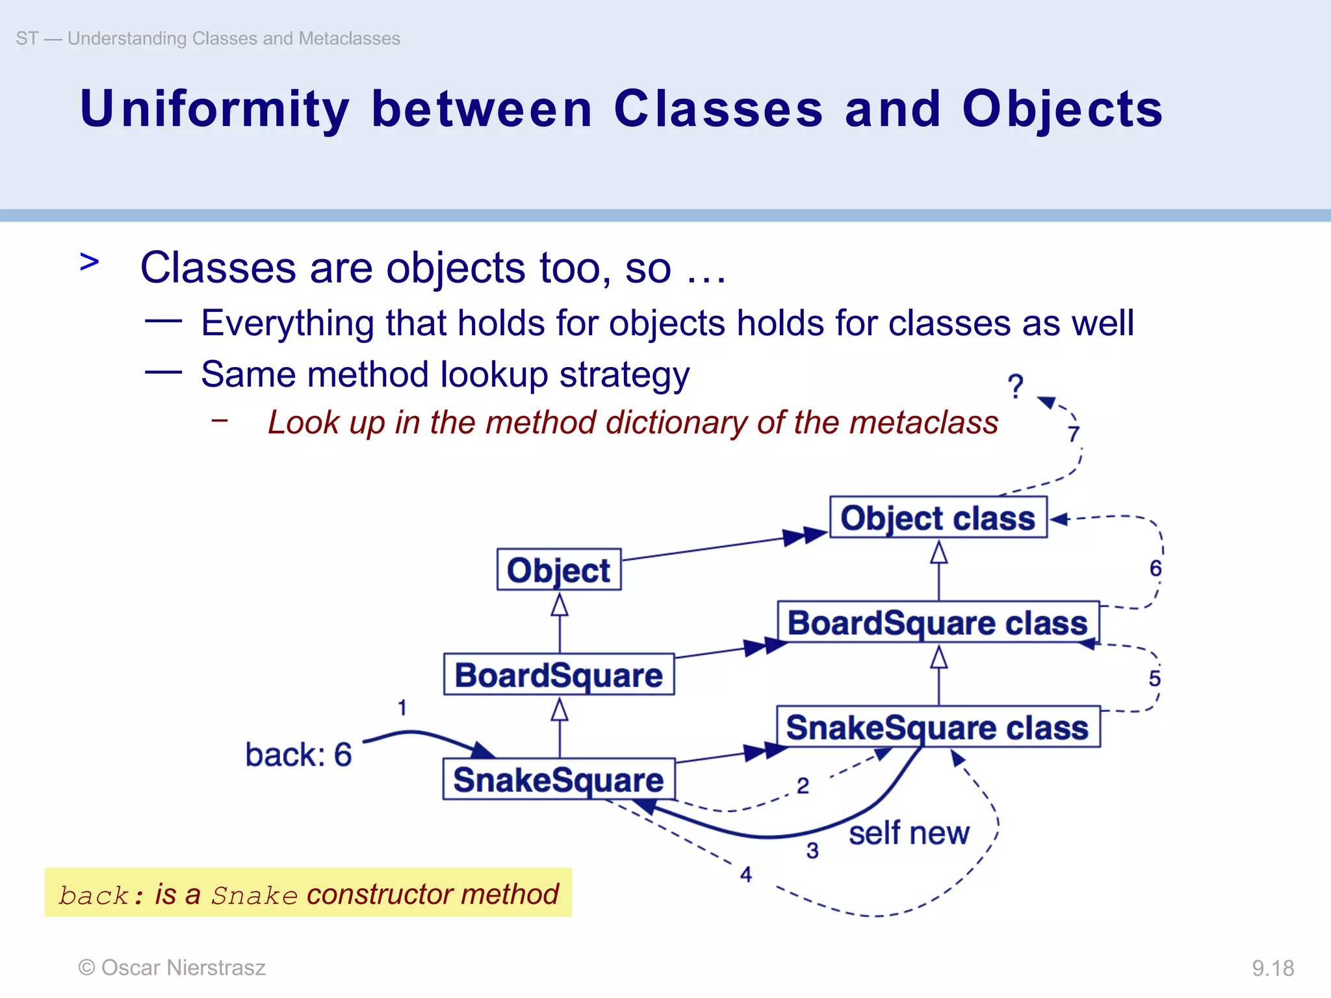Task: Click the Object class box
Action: pyautogui.click(x=938, y=518)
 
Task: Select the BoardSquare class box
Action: pyautogui.click(x=938, y=622)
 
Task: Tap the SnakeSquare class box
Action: pyautogui.click(x=938, y=727)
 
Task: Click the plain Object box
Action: pyautogui.click(x=559, y=570)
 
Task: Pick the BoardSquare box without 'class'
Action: pyautogui.click(x=559, y=674)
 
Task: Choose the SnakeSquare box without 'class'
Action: pyautogui.click(x=559, y=779)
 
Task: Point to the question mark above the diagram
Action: pyautogui.click(x=1015, y=387)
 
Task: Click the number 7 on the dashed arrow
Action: pyautogui.click(x=1074, y=433)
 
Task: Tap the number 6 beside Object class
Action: pyautogui.click(x=1155, y=569)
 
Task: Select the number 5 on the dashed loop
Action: pyautogui.click(x=1154, y=678)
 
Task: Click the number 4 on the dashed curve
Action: pyautogui.click(x=746, y=875)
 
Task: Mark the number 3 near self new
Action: pyautogui.click(x=812, y=851)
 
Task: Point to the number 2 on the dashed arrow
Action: pyautogui.click(x=803, y=786)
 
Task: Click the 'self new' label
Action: pyautogui.click(x=909, y=833)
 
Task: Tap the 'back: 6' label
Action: pyautogui.click(x=298, y=755)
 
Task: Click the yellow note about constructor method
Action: pyautogui.click(x=308, y=893)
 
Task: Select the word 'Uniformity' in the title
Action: pyautogui.click(x=214, y=109)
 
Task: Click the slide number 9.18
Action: pyautogui.click(x=1273, y=968)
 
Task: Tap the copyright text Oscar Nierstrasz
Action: pyautogui.click(x=172, y=967)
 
